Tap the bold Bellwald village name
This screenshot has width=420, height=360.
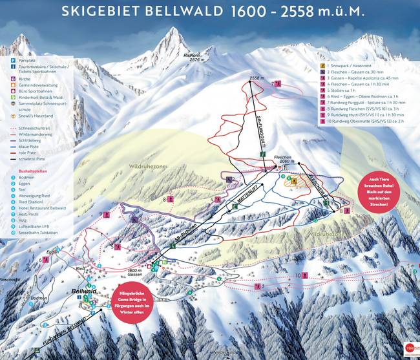coord(83,293)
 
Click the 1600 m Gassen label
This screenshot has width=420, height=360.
coord(134,272)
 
